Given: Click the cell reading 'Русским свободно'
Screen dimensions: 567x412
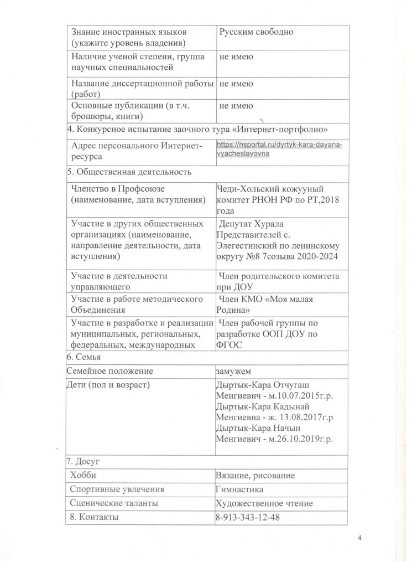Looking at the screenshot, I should tap(256, 32).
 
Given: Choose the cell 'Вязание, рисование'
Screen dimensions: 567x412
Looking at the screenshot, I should tap(255, 476).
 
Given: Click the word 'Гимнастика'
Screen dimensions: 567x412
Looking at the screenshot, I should tap(239, 489).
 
